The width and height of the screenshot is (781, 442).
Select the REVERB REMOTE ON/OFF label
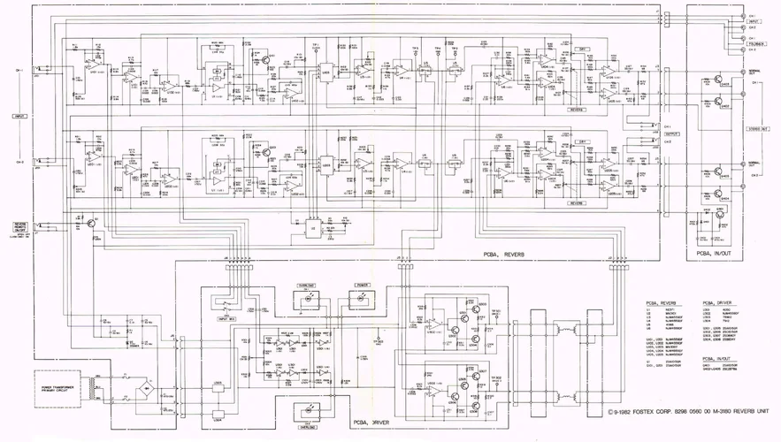tap(19, 228)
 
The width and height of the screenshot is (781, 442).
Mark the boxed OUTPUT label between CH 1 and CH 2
tap(670, 134)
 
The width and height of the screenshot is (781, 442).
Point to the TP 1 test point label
tap(316, 44)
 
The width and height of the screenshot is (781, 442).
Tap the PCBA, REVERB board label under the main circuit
tap(504, 255)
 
